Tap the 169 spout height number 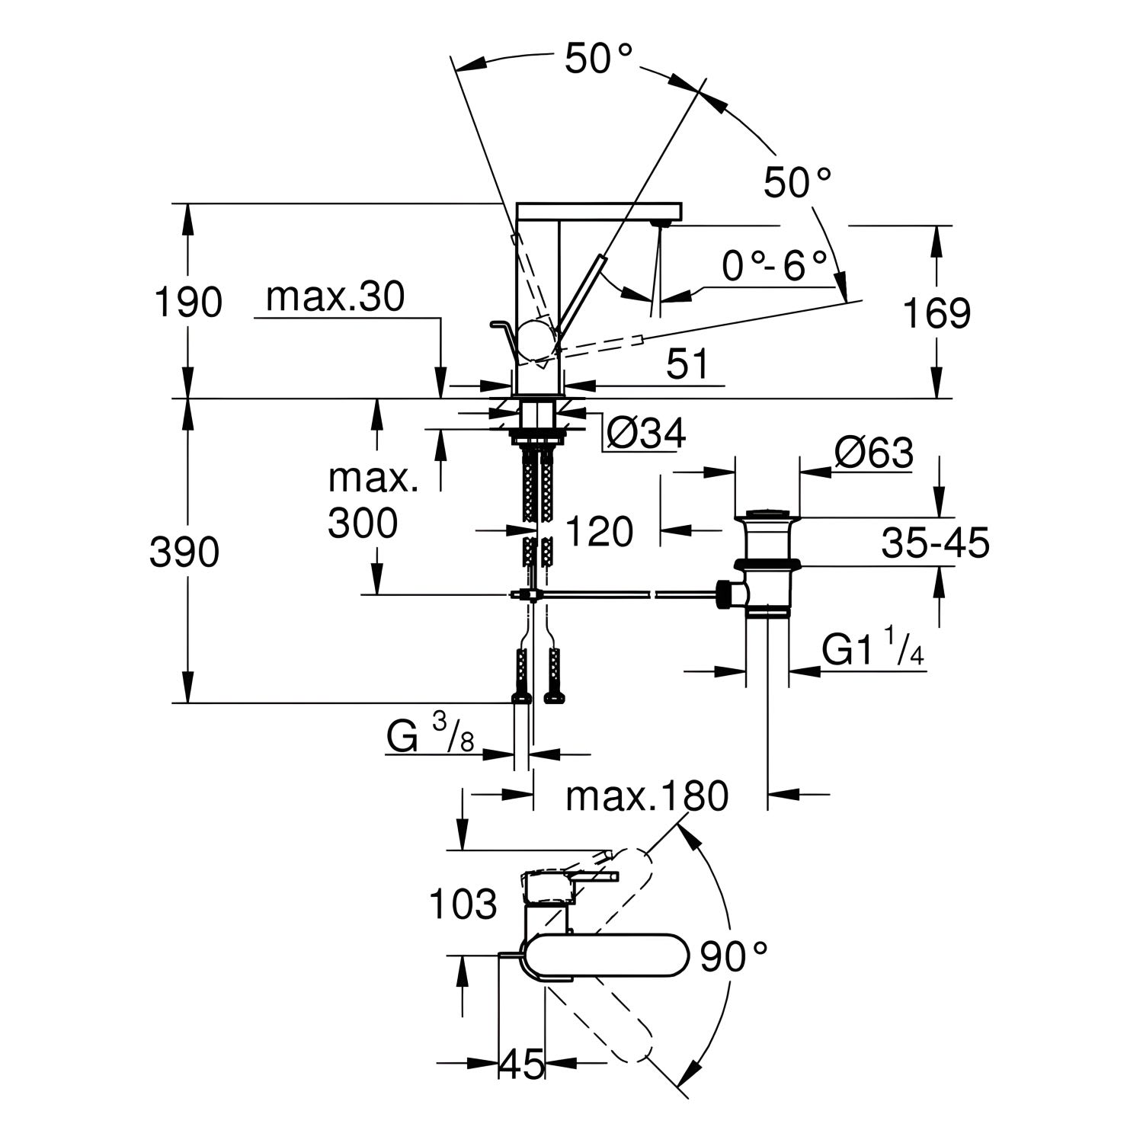[x=936, y=313]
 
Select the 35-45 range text [x=935, y=543]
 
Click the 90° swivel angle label [x=733, y=957]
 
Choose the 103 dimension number [x=463, y=904]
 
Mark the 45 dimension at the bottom [x=522, y=1063]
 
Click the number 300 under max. [x=363, y=523]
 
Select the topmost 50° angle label [x=600, y=59]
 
